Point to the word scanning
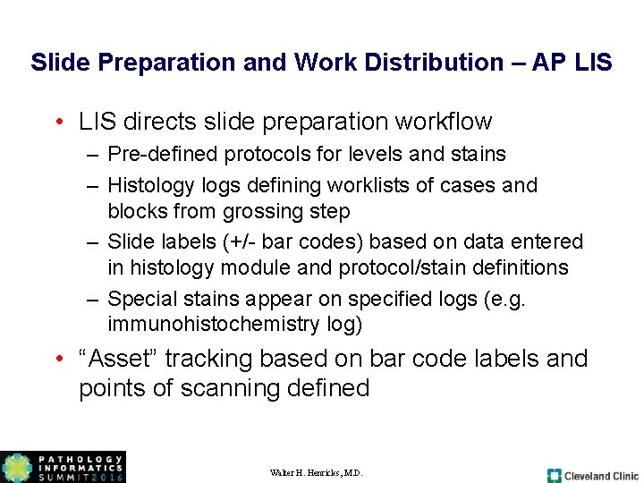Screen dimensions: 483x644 (227, 388)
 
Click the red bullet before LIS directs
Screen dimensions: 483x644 (57, 122)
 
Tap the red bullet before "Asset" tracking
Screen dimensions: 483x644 (57, 360)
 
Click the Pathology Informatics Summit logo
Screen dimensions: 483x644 (63, 467)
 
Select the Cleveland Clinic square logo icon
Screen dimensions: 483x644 (555, 475)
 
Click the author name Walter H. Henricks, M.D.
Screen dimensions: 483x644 (316, 472)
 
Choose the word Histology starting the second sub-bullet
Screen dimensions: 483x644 (148, 185)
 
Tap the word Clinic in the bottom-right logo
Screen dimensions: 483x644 (623, 476)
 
